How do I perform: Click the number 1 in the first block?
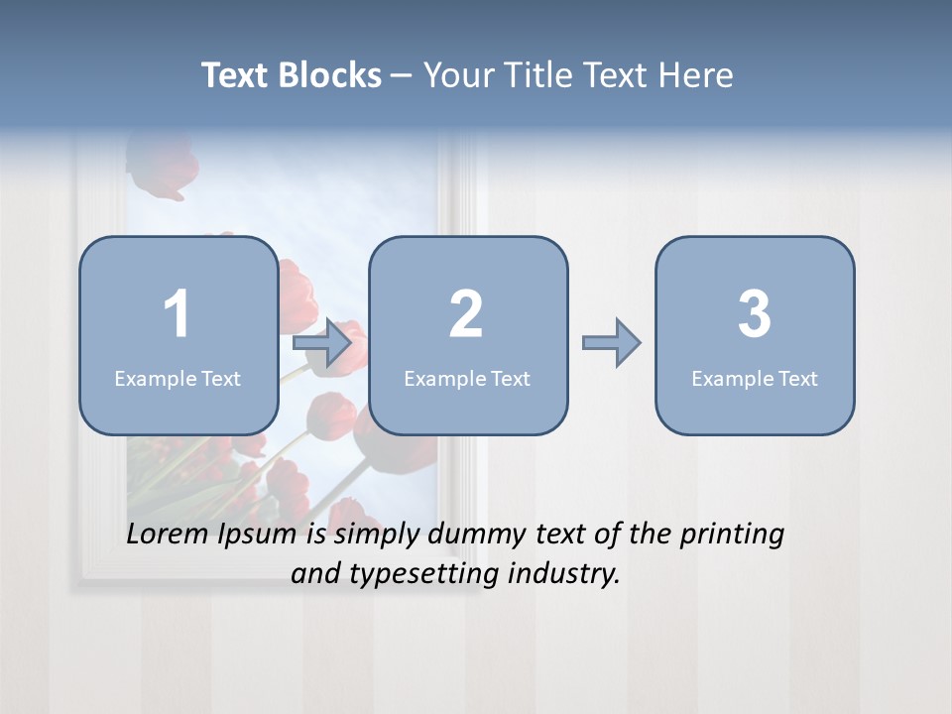pyautogui.click(x=177, y=314)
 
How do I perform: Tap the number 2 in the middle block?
pyautogui.click(x=466, y=314)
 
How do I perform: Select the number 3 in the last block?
pyautogui.click(x=755, y=314)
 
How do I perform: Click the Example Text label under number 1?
pyautogui.click(x=178, y=379)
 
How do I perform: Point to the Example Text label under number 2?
pyautogui.click(x=467, y=379)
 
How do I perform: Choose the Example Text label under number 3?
pyautogui.click(x=755, y=379)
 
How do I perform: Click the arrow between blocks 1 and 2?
pyautogui.click(x=323, y=343)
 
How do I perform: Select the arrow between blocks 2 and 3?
pyautogui.click(x=612, y=343)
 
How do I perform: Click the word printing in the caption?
pyautogui.click(x=732, y=535)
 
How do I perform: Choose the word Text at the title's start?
pyautogui.click(x=237, y=75)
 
